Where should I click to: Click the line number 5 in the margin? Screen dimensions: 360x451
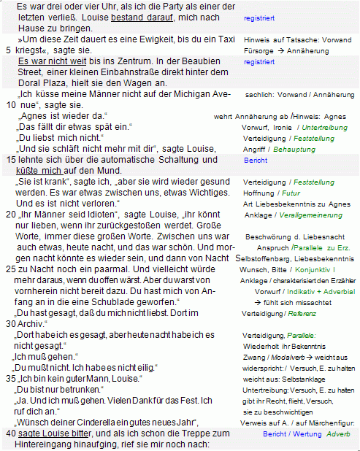point(8,50)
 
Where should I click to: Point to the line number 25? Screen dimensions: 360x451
point(9,269)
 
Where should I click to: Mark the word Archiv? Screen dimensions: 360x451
point(30,323)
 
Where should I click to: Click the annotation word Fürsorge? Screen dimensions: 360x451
point(259,51)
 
